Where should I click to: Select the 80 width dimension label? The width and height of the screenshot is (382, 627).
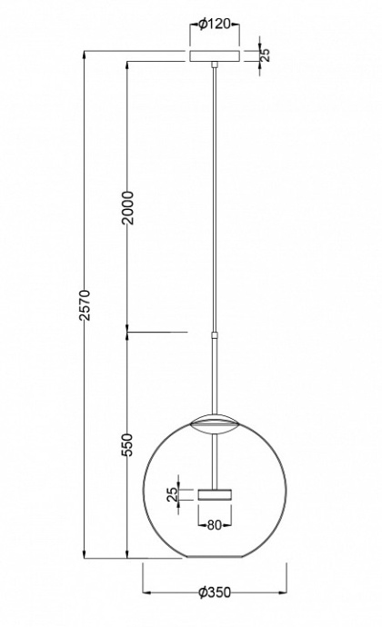215,524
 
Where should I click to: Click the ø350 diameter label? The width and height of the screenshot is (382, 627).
215,591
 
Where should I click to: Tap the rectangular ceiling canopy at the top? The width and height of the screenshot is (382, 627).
215,55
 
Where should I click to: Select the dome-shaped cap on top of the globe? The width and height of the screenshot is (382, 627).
215,422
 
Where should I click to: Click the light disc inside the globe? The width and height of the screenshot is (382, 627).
215,494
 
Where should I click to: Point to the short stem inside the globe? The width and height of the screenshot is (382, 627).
215,459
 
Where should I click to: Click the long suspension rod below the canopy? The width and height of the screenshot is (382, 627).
215,200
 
